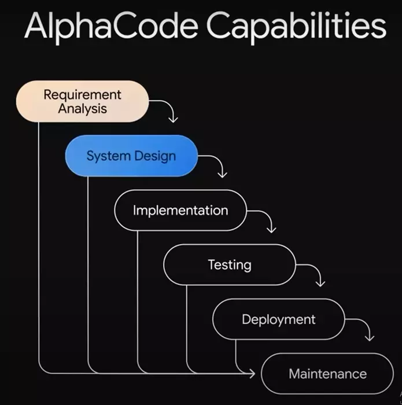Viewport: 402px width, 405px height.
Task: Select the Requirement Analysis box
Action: pos(82,101)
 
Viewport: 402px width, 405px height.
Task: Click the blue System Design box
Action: pos(131,156)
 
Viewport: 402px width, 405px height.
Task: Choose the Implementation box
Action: pos(180,210)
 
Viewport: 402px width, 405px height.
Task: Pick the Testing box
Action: pos(230,264)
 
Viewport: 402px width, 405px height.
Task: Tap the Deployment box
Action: pos(279,319)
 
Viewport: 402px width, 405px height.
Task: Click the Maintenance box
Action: pos(327,373)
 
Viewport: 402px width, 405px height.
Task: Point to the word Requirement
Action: pos(83,94)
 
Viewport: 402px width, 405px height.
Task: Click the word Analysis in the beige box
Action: pos(83,108)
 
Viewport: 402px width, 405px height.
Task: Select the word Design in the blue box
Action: pos(154,156)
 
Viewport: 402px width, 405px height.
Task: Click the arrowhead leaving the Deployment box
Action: pos(370,337)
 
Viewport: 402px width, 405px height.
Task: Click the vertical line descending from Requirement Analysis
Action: pos(39,243)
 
